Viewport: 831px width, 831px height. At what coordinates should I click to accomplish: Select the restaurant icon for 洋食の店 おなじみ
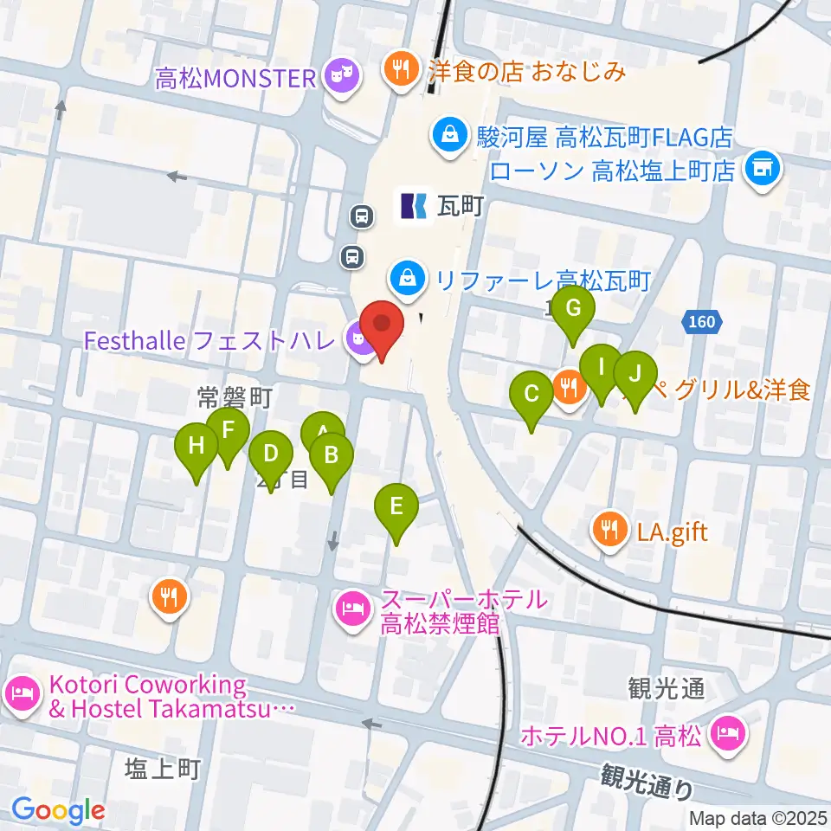coord(400,69)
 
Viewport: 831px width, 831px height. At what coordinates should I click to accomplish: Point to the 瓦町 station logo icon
coord(413,205)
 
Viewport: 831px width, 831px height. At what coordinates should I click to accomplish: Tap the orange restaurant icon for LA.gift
coord(609,529)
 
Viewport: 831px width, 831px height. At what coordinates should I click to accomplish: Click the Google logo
coord(58,810)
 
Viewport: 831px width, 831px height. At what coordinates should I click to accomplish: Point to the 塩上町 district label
coord(164,767)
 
